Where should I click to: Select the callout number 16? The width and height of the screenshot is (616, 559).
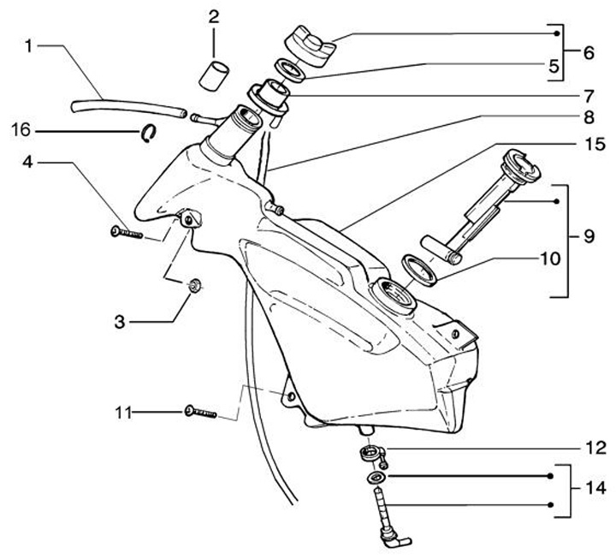tap(21, 130)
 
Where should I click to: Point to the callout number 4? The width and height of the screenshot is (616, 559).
tap(28, 160)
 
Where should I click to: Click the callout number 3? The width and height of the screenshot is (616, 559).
tap(121, 322)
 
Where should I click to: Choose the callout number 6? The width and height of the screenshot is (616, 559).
tap(589, 51)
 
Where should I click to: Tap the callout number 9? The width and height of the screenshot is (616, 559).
tap(589, 233)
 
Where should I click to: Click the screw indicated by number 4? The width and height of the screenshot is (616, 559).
tap(129, 231)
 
